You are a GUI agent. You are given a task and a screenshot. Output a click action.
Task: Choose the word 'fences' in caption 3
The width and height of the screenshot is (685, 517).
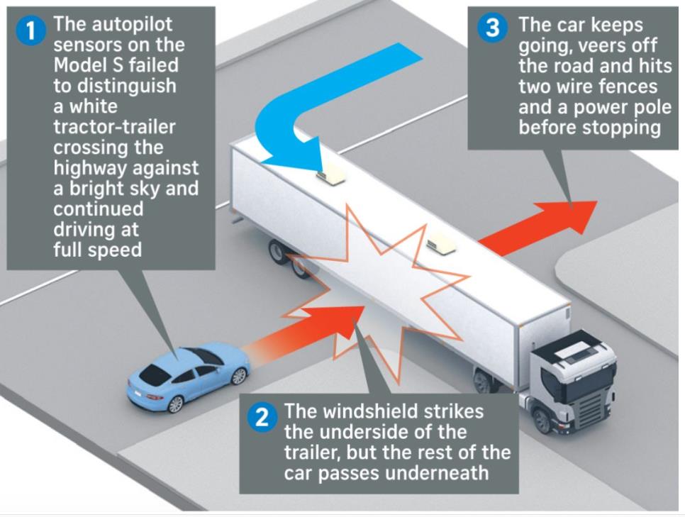pos(623,87)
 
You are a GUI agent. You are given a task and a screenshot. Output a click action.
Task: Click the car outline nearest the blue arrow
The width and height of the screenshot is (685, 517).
pos(330,174)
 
